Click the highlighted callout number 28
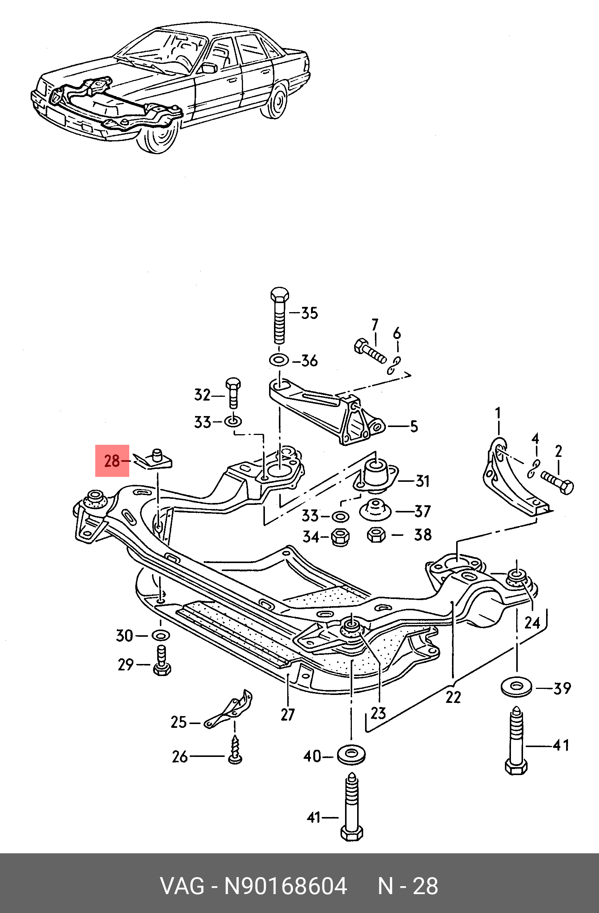click(112, 461)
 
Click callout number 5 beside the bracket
click(414, 426)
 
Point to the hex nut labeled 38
click(376, 535)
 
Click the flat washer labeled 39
click(517, 688)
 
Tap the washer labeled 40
click(351, 755)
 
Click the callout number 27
click(288, 715)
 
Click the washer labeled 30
click(161, 635)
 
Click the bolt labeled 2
click(557, 482)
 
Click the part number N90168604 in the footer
click(285, 886)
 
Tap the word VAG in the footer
click(182, 886)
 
